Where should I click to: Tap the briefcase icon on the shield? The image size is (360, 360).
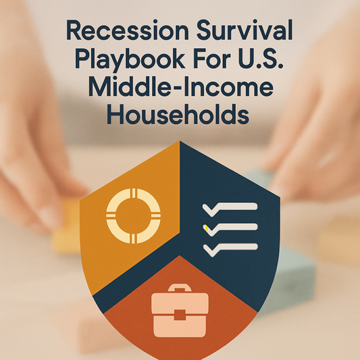(x=180, y=313)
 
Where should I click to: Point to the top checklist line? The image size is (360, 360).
(x=237, y=206)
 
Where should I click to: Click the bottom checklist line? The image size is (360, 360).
(x=237, y=247)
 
